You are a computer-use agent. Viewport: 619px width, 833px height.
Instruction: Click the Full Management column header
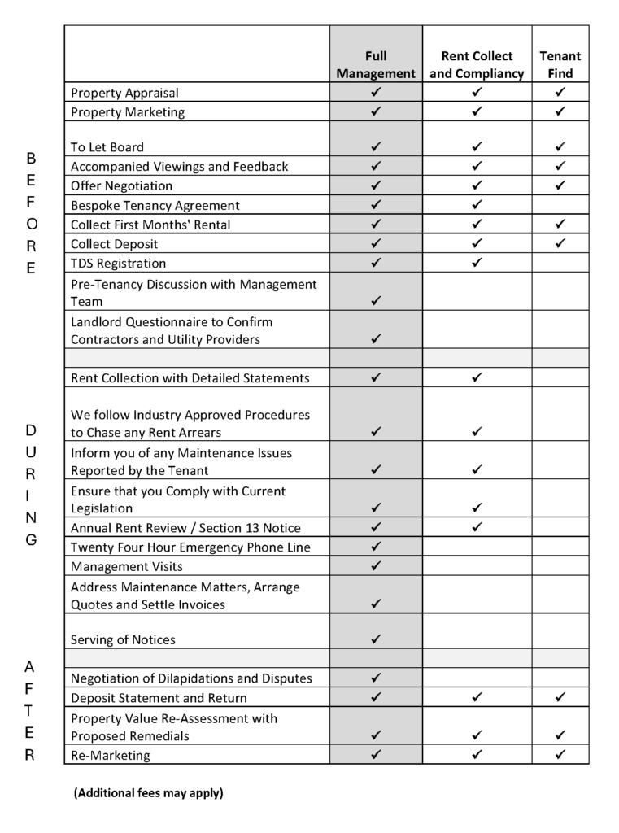pos(376,65)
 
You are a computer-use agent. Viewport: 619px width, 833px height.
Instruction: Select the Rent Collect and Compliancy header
pos(477,65)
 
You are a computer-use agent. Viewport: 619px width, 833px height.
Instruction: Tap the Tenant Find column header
pos(560,65)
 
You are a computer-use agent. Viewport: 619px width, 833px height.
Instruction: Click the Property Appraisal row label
pos(124,93)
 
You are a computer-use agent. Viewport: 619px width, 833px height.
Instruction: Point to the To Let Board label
pos(107,147)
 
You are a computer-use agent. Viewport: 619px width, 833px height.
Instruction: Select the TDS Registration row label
pos(118,264)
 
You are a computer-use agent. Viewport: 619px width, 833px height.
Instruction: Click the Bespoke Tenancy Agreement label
pos(155,206)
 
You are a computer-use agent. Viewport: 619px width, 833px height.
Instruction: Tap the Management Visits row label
pos(127,566)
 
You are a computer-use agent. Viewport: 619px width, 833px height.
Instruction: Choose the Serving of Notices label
pos(123,639)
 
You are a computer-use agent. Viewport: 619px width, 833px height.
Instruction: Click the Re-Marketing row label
pos(111,755)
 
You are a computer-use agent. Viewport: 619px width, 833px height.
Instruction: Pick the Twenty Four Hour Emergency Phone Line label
pos(190,547)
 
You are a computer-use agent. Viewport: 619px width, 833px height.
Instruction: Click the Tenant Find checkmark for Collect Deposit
pos(560,243)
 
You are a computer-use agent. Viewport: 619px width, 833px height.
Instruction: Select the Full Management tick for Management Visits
pos(376,565)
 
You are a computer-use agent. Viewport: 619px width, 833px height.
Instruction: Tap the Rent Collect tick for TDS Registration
pos(477,263)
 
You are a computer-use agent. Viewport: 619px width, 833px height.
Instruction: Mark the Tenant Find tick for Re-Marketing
pos(560,754)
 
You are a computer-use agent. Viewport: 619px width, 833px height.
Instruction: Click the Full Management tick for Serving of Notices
pos(376,639)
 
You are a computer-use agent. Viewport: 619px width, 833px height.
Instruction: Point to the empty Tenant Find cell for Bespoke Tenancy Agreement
pos(560,205)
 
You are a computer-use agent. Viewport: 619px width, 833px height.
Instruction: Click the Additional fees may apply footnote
pos(148,792)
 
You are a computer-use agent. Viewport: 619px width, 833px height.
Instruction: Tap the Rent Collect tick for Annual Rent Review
pos(477,527)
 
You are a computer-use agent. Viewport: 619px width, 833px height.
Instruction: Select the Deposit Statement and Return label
pos(159,698)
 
